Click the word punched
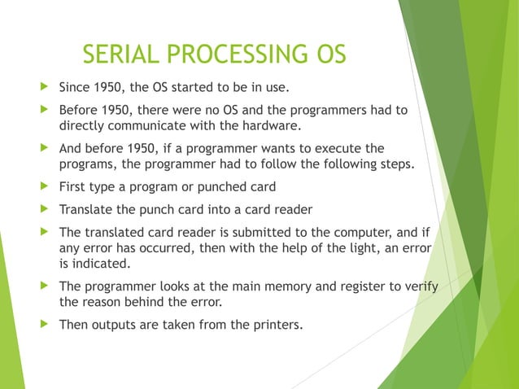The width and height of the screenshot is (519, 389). (x=218, y=187)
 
